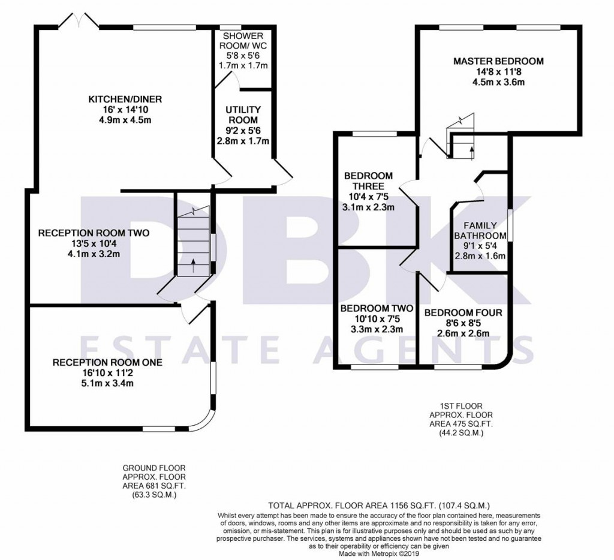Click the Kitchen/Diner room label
125,100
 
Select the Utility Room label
243,115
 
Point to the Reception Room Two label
94,233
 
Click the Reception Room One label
107,363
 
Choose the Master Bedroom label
498,61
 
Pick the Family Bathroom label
480,231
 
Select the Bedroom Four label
463,313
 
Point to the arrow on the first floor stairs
471,153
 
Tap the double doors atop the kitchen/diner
80,20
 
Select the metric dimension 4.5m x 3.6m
498,82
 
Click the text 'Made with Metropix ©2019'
379,554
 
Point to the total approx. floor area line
379,505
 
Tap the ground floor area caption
154,481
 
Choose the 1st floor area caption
461,420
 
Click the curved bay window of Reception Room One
204,421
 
